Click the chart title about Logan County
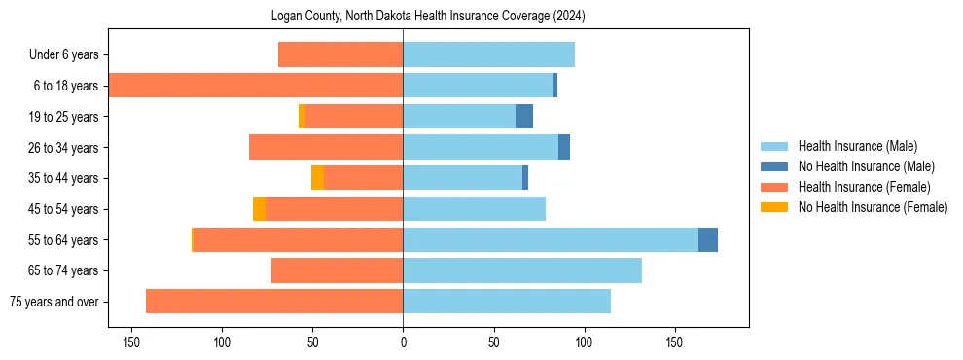coord(428,17)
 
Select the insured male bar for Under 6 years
coord(488,54)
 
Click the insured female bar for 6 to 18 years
coord(256,86)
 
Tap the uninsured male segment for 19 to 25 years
coord(524,116)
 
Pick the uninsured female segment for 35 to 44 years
coord(317,178)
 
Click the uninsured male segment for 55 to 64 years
coord(708,239)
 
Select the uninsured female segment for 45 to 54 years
coord(259,208)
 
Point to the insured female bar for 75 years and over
coord(274,301)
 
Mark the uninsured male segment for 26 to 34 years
coord(564,147)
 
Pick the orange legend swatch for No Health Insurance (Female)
coord(774,207)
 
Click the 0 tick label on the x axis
coord(403,342)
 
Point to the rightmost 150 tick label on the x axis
coord(674,342)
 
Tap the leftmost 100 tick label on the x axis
coord(223,342)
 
